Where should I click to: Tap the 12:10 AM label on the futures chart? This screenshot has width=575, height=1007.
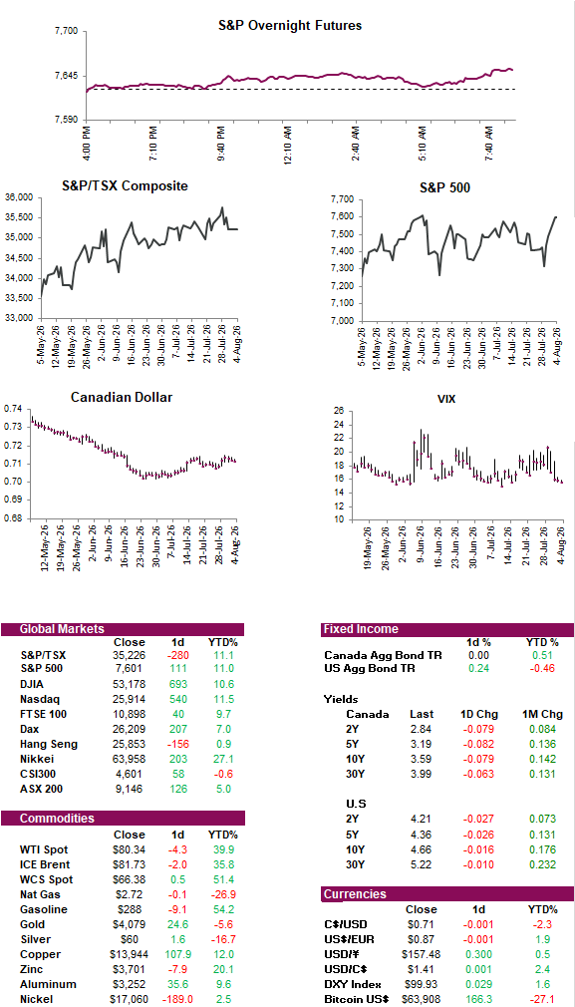click(x=288, y=146)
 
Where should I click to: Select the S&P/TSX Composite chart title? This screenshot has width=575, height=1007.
click(x=125, y=185)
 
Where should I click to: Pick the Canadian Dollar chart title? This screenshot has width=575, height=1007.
click(x=122, y=398)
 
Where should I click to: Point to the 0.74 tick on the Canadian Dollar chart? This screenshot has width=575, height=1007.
click(x=12, y=409)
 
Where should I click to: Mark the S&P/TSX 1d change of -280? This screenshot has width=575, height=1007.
click(x=177, y=656)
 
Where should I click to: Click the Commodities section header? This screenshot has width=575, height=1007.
click(x=57, y=819)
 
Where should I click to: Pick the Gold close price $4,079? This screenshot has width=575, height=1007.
click(x=129, y=924)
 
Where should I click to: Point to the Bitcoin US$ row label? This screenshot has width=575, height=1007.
click(x=357, y=998)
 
